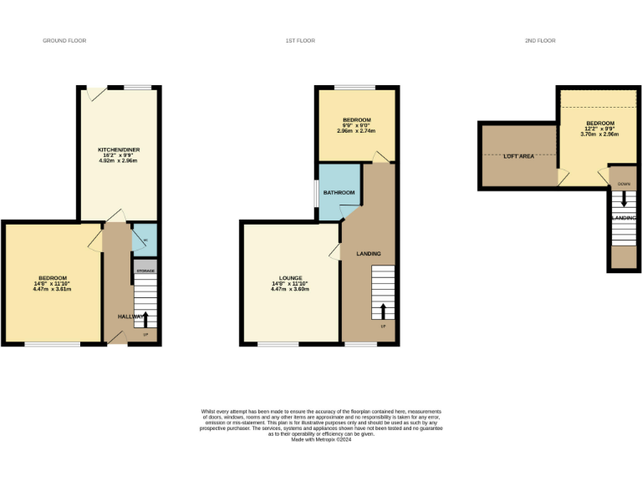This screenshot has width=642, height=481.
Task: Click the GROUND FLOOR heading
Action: [64, 40]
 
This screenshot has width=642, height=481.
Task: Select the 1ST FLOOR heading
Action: [300, 40]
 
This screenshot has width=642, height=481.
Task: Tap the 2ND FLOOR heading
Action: [540, 40]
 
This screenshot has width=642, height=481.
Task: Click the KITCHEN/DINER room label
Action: [119, 149]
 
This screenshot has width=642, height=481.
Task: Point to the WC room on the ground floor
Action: [145, 240]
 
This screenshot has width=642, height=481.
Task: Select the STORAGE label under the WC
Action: [145, 271]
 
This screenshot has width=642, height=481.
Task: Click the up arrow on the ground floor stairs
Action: [145, 319]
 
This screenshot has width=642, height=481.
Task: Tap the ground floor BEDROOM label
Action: [52, 277]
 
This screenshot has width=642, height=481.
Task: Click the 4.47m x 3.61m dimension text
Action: [52, 290]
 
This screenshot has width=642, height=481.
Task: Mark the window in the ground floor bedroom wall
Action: [52, 343]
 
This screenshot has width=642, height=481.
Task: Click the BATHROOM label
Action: [339, 193]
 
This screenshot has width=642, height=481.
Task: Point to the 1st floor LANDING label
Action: [369, 254]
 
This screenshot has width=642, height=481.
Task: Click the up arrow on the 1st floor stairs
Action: [383, 311]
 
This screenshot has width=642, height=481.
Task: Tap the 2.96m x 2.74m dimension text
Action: [356, 131]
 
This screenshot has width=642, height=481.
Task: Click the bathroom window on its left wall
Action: [317, 193]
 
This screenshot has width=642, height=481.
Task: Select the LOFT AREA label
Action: [518, 156]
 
